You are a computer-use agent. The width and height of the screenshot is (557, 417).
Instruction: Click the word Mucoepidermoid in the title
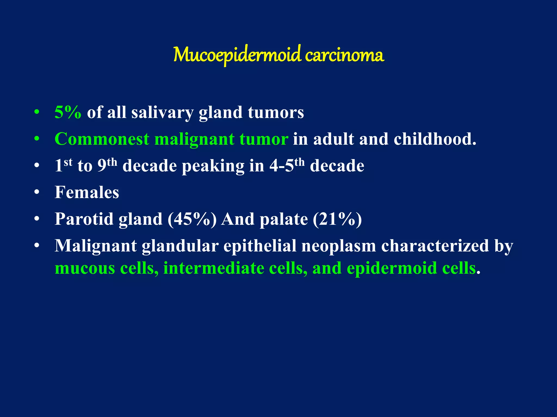(237, 55)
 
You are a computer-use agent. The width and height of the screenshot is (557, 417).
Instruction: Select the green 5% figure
(68, 112)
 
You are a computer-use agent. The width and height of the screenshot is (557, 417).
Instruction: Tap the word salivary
(162, 113)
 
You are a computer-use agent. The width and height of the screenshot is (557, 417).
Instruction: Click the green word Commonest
(102, 139)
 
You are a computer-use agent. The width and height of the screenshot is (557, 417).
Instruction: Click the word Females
(87, 192)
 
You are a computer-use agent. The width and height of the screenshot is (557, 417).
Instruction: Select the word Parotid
(84, 219)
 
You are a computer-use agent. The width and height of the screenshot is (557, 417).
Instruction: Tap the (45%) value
(192, 219)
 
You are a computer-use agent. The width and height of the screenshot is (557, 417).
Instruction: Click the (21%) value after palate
(337, 219)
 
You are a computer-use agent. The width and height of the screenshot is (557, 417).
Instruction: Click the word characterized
(435, 246)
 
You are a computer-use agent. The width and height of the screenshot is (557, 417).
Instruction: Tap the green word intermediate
(213, 268)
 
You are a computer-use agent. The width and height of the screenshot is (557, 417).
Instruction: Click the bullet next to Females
(37, 192)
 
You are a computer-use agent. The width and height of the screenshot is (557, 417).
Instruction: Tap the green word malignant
(194, 139)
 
